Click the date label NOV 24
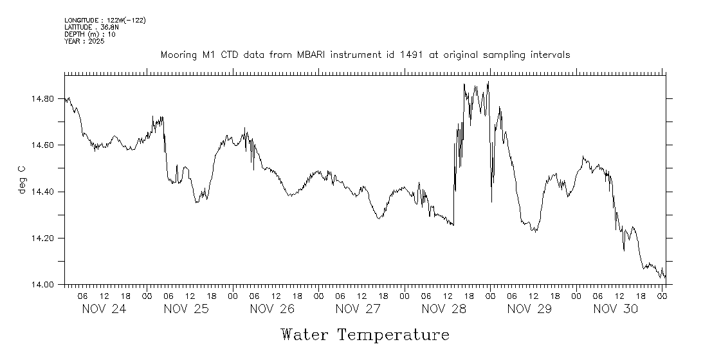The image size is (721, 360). [x=104, y=309]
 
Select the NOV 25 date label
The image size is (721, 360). [x=187, y=309]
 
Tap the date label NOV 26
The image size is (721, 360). [x=272, y=309]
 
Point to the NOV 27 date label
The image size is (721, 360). [x=358, y=309]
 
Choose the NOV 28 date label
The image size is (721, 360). [x=444, y=309]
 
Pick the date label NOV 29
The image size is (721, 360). [x=529, y=309]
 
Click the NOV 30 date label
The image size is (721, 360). [x=616, y=309]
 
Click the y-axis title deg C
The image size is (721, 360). [x=23, y=180]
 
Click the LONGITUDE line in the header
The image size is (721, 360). [x=105, y=21]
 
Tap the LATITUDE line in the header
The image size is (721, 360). [x=91, y=28]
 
